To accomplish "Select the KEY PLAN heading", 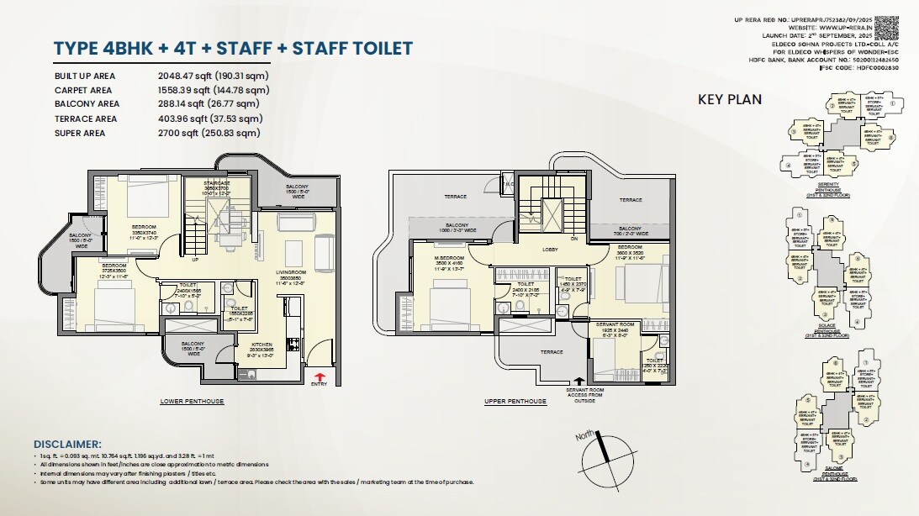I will click(730, 99).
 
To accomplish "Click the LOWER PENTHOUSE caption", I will click(192, 402).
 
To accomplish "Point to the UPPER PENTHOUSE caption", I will click(515, 402).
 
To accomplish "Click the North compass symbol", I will click(603, 455).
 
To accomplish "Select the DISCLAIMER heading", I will click(67, 444).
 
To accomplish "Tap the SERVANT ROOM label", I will click(615, 324).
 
